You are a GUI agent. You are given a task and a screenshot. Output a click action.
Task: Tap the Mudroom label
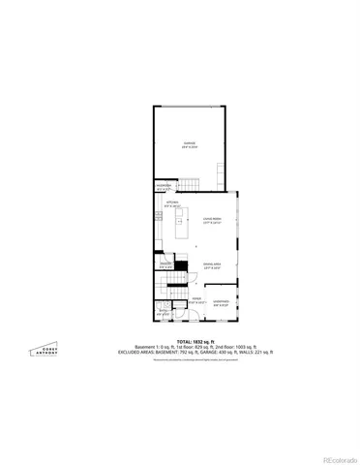click(164, 189)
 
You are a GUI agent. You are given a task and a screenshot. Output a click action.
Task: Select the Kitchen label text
click(172, 203)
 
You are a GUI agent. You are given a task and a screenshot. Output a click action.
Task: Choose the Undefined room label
click(221, 304)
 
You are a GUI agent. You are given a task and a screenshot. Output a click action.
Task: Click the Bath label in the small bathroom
click(163, 311)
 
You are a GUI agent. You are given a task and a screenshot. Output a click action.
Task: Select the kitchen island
click(180, 226)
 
